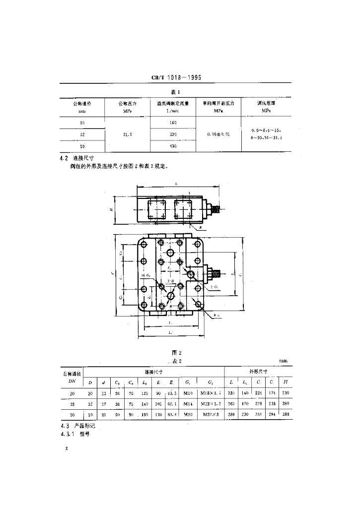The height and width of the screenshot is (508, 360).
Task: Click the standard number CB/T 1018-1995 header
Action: tap(179, 78)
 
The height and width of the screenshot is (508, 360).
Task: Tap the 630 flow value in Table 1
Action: tap(173, 146)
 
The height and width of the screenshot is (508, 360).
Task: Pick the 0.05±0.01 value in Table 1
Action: tap(218, 134)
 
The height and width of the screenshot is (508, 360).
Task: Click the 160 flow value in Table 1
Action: tap(173, 123)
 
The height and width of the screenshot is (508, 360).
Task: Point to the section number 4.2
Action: tap(64, 158)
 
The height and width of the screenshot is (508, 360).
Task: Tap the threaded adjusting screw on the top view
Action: tap(216, 209)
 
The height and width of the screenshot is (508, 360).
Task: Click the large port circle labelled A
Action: tap(171, 253)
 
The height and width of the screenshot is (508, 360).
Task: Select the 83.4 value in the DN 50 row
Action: tap(171, 414)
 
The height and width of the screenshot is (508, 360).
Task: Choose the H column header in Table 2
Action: tap(285, 381)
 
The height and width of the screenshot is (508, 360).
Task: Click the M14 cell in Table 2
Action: tap(189, 403)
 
